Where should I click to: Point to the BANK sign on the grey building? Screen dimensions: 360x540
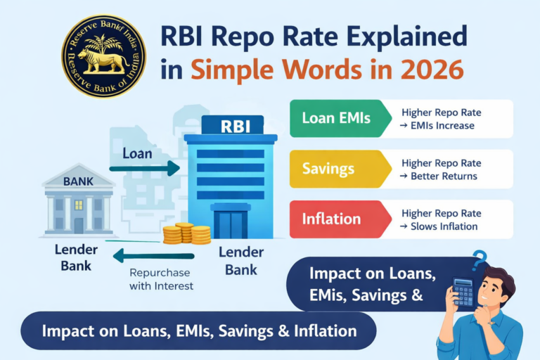pos(78,181)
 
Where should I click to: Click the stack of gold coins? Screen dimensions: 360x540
pos(187,234)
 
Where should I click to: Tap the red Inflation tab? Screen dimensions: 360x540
pos(331,219)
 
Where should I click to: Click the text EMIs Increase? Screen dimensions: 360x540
pos(442,126)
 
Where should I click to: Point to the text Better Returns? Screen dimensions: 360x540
pos(444,176)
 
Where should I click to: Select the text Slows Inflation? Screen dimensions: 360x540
pos(444,226)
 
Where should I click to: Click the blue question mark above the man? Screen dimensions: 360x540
pos(480,259)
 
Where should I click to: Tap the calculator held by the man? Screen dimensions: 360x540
pos(463,292)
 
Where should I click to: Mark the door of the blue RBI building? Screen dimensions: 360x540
pos(230,224)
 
